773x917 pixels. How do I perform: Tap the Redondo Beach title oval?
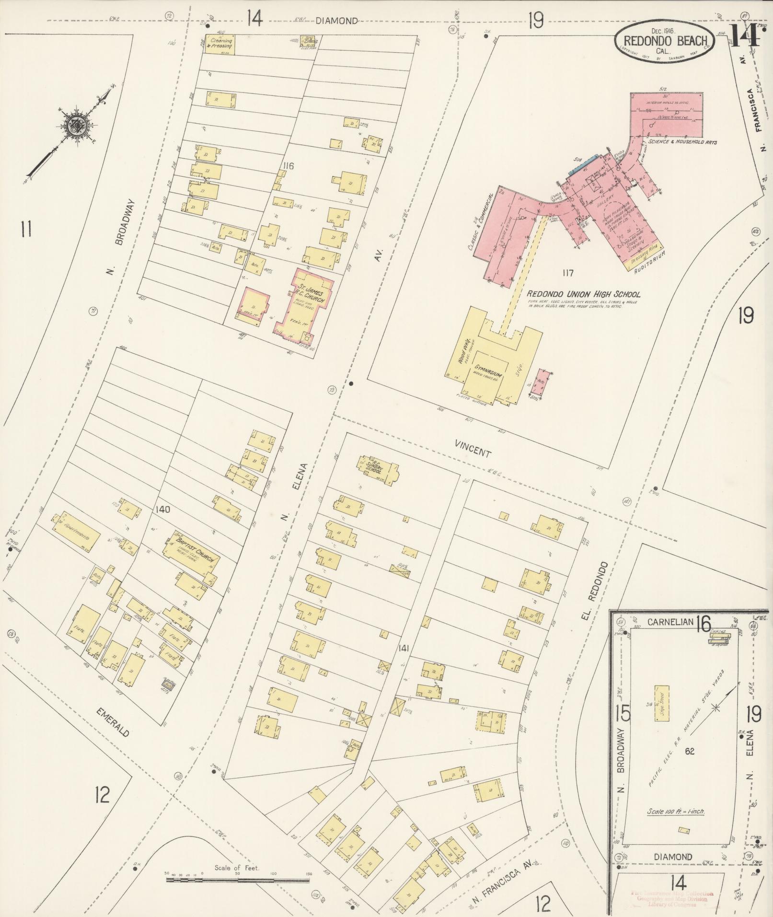tap(664, 41)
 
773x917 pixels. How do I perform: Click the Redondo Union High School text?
tap(583, 294)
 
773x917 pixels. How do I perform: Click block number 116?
tap(288, 166)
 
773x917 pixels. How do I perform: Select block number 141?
tap(403, 649)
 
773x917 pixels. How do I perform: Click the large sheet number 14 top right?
tap(745, 35)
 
